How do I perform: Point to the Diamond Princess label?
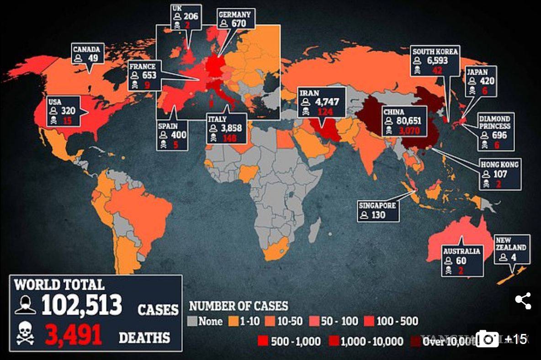(x=495, y=122)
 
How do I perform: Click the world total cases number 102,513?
(x=82, y=305)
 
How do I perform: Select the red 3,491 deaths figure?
(x=74, y=336)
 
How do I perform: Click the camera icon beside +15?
(x=487, y=339)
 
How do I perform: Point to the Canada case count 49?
(x=93, y=58)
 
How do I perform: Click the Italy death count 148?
(x=230, y=138)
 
